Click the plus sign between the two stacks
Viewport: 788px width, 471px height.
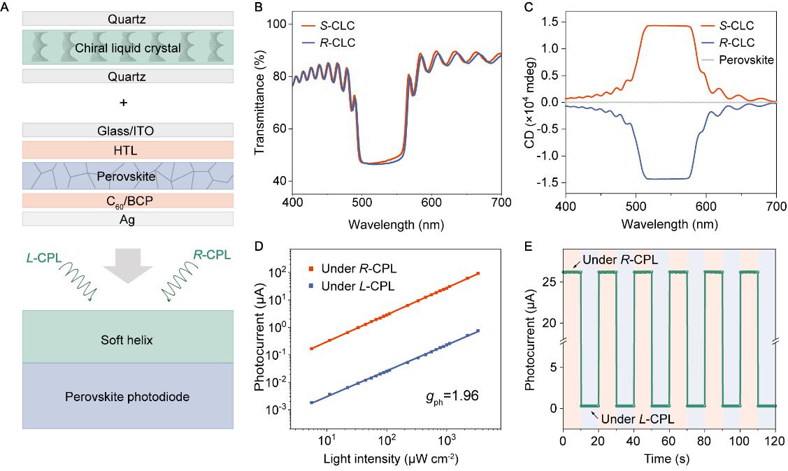[124, 103]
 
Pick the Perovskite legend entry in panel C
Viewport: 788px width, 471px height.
[749, 60]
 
